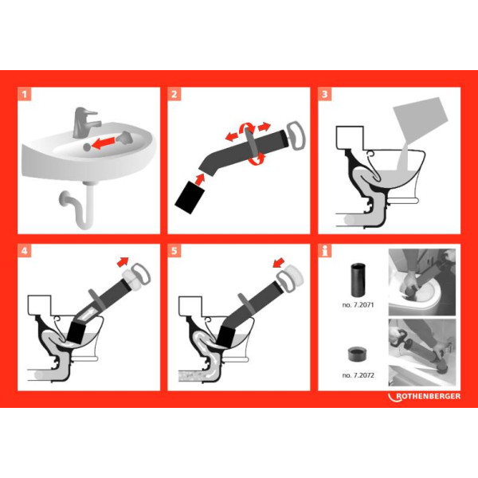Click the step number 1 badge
coord(25,94)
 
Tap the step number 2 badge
coord(174,94)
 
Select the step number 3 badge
coord(325,94)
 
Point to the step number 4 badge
coord(25,251)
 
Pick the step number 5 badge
coord(174,251)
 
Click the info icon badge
coord(325,251)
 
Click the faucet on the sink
coord(85,122)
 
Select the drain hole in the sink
coord(87,147)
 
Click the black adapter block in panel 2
coord(189,198)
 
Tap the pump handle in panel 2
coord(296,135)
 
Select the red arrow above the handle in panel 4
coord(123,262)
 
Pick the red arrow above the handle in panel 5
coord(279,263)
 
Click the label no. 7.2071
coord(358,305)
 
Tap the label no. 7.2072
coord(358,375)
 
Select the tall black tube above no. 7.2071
coord(358,280)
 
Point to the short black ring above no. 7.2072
coord(358,354)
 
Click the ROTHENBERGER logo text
coord(428,396)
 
